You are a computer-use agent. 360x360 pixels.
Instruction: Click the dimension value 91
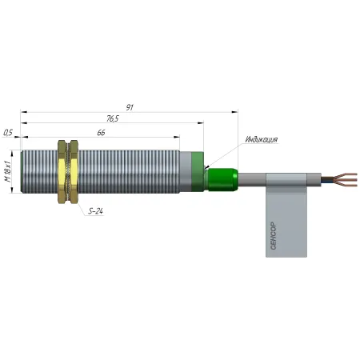(x=130, y=107)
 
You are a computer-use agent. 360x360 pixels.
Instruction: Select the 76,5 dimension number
(x=113, y=118)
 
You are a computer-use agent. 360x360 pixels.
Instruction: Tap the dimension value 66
(x=101, y=133)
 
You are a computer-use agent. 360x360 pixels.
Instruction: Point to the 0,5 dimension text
(x=8, y=133)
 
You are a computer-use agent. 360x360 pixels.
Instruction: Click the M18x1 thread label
(x=8, y=171)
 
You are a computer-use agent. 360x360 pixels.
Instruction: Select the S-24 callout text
(x=95, y=211)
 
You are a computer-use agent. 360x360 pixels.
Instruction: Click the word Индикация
(x=262, y=139)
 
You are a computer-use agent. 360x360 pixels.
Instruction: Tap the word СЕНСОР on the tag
(x=274, y=236)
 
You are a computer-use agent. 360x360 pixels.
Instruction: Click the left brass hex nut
(x=62, y=172)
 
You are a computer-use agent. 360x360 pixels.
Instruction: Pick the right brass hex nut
(x=74, y=172)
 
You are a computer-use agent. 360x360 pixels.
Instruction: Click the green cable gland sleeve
(x=222, y=179)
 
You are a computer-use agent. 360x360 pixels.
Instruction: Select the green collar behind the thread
(x=198, y=171)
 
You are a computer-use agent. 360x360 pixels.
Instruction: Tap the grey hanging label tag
(x=286, y=215)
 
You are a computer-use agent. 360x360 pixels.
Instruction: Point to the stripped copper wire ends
(x=346, y=180)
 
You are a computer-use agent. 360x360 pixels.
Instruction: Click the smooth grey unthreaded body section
(x=186, y=171)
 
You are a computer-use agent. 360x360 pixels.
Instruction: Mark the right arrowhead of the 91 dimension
(x=234, y=112)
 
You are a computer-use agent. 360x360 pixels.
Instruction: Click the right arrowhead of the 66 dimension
(x=177, y=137)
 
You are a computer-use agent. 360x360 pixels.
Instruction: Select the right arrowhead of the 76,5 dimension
(x=201, y=123)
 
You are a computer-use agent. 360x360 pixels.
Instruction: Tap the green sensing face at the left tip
(x=22, y=171)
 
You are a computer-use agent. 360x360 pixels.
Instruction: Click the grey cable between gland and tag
(x=252, y=179)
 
